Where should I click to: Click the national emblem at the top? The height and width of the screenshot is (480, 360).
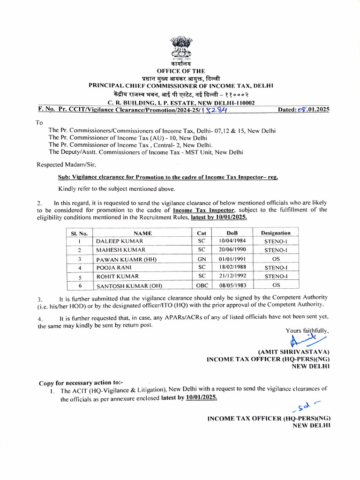point(180,47)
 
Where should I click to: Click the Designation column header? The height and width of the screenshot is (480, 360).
point(276,232)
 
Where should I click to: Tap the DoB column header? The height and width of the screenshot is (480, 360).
point(232,232)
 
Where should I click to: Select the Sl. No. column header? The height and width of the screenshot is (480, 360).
point(79,232)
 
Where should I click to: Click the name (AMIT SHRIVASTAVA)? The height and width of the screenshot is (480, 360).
point(294,352)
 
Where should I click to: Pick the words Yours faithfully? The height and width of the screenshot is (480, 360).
point(307,330)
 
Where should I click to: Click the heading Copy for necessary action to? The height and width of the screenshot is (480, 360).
point(81,382)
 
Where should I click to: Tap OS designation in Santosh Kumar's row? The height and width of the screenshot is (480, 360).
point(276,285)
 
